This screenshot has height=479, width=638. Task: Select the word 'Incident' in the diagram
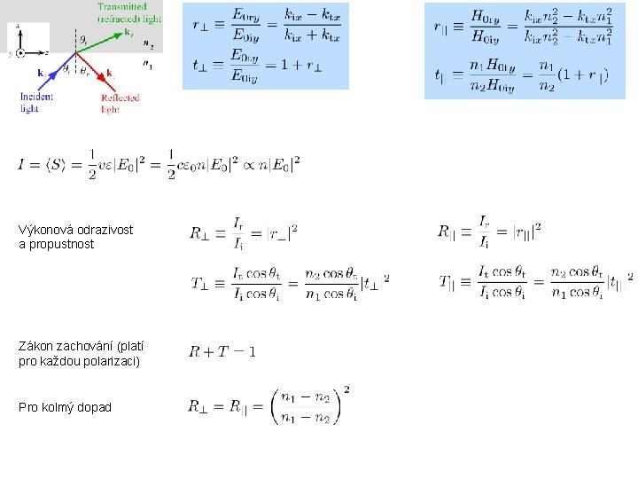point(35,97)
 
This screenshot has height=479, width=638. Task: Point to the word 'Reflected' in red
point(120,98)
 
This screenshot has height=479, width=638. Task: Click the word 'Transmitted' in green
point(122,7)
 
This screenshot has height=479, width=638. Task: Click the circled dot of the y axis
point(20,54)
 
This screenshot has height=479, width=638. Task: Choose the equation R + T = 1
point(222,352)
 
